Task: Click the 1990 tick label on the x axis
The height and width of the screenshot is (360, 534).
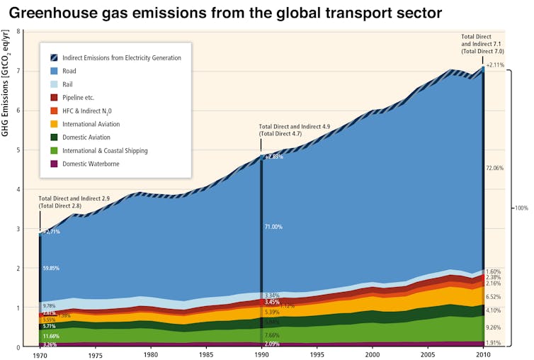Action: (261, 354)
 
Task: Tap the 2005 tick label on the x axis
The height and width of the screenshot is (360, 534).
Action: (428, 354)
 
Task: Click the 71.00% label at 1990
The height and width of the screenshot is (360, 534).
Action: (273, 227)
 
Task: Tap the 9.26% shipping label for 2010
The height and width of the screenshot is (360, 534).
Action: (493, 328)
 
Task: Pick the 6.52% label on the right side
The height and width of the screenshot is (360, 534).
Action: (493, 297)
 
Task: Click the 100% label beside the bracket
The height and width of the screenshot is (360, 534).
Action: (521, 208)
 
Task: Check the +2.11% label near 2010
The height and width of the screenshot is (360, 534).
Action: (495, 65)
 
